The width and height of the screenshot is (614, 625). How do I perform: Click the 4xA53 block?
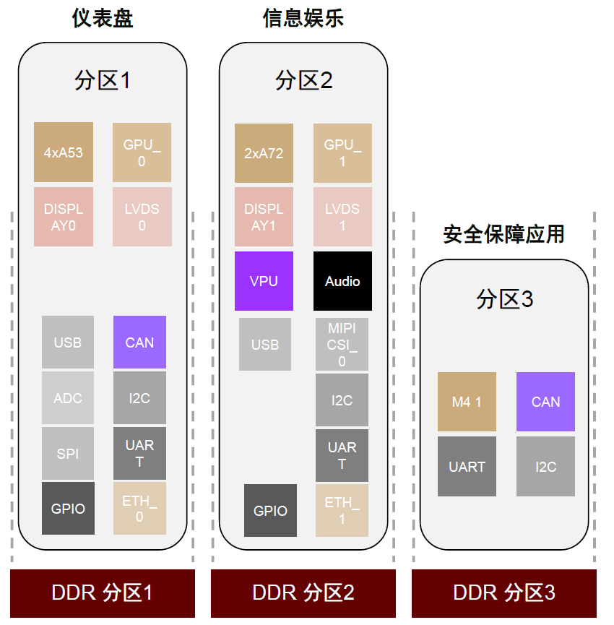tap(64, 152)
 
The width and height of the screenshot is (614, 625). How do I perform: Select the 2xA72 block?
tap(264, 153)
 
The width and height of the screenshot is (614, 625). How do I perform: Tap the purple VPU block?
tap(264, 281)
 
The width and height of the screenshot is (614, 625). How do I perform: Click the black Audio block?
tap(342, 281)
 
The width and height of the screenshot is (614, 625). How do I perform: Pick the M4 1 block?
tap(467, 402)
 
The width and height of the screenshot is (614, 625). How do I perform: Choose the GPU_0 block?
tap(142, 152)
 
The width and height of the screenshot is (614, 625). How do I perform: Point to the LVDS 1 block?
tap(342, 217)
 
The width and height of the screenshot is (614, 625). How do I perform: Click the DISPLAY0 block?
tap(64, 217)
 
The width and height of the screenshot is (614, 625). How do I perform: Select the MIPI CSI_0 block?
tap(342, 345)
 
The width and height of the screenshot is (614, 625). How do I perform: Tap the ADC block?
tap(68, 398)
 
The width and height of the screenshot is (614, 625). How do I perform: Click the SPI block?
tap(68, 453)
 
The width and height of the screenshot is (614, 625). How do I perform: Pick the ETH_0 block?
tap(139, 508)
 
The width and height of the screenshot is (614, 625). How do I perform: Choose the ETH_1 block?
tap(342, 510)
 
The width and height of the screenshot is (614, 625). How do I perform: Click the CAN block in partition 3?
tap(545, 402)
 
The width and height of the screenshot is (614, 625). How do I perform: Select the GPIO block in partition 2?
tap(270, 510)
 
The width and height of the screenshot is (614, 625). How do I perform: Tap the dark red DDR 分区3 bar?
tap(504, 593)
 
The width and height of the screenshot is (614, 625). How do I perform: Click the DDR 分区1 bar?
tap(103, 593)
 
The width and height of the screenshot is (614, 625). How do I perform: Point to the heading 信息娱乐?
tap(303, 18)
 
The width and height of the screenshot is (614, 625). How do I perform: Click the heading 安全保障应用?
tap(504, 234)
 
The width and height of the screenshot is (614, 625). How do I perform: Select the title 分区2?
tap(303, 80)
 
